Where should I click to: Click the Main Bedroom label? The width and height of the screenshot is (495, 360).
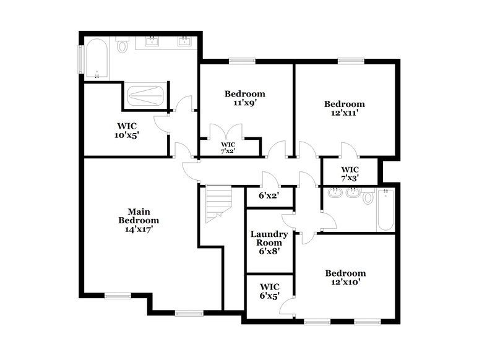pos(139,215)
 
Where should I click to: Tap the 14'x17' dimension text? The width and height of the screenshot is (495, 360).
pos(139,229)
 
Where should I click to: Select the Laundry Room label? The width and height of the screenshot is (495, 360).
pos(269,239)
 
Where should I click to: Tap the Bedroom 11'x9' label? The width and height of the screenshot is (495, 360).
pos(244,98)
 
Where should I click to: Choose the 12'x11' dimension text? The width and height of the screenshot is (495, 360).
pos(345,113)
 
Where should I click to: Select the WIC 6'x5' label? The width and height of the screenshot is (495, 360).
pos(269,291)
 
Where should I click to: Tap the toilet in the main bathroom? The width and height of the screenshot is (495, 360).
pos(123,46)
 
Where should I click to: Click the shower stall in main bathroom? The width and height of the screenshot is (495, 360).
pos(146,96)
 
